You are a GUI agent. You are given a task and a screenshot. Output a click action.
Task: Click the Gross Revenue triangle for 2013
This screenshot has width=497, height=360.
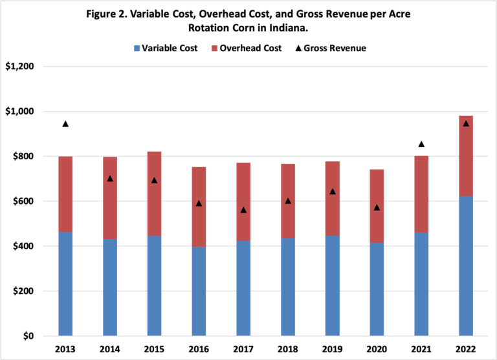[65, 124]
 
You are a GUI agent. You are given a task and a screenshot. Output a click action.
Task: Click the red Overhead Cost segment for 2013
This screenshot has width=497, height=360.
[65, 194]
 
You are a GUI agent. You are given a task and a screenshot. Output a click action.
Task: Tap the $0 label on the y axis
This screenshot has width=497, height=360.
[28, 336]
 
